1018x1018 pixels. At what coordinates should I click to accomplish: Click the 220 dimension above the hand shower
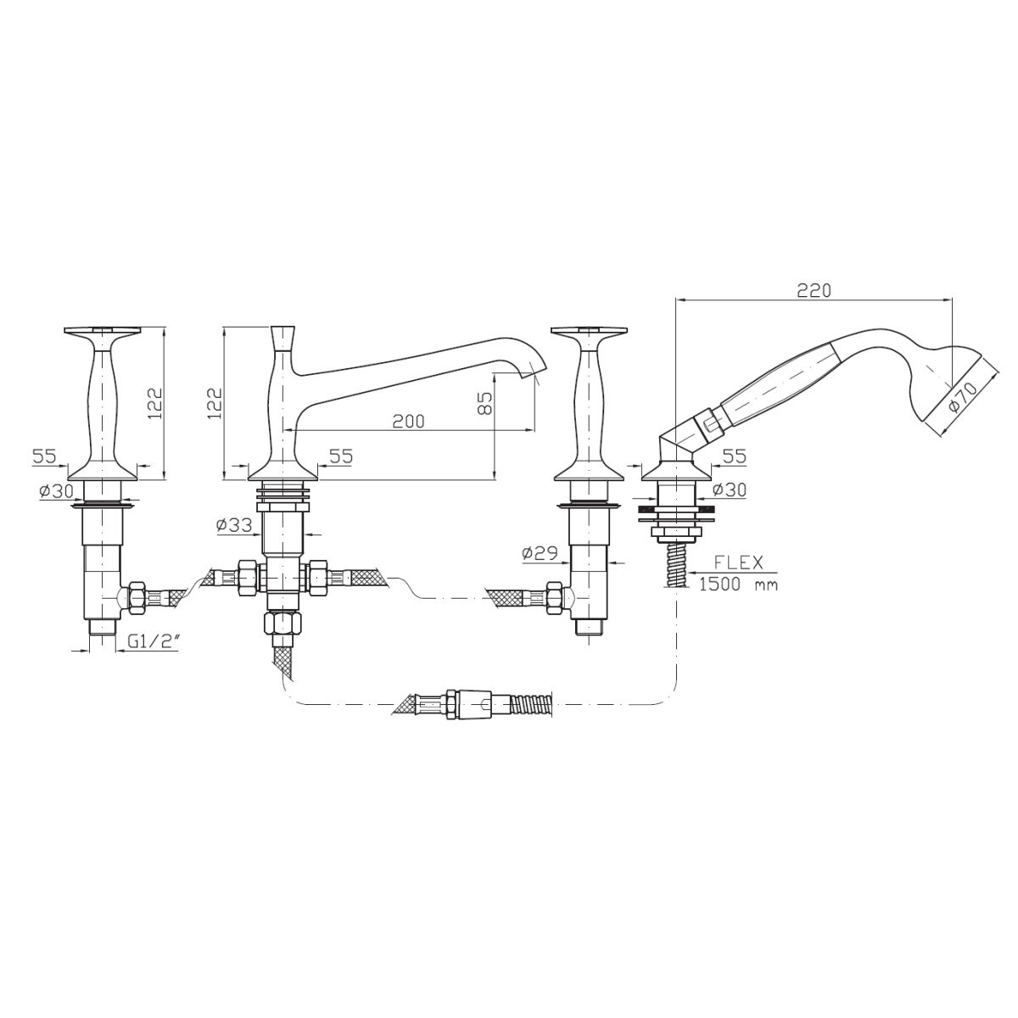coord(814,290)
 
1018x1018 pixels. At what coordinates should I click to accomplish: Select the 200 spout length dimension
coord(408,421)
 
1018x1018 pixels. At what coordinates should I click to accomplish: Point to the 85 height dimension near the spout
coord(487,403)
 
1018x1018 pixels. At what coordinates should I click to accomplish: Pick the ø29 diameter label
coord(540,553)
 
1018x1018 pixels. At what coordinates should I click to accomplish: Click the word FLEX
coord(739,562)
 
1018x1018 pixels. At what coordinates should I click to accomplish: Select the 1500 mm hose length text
coord(738,585)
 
